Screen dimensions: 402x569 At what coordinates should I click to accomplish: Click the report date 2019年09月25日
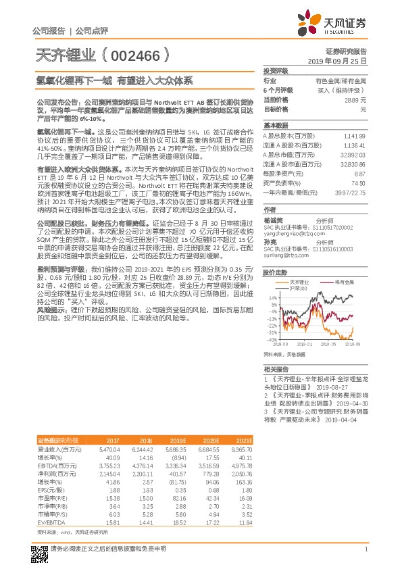click(x=342, y=60)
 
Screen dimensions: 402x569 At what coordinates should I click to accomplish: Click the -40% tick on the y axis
click(x=272, y=339)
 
